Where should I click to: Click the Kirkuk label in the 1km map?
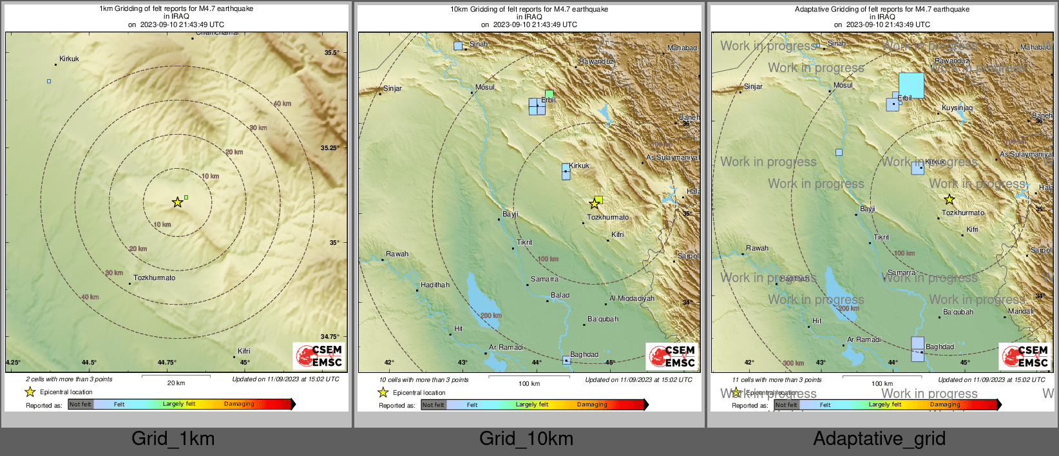click(69, 59)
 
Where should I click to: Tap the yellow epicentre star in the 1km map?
click(177, 202)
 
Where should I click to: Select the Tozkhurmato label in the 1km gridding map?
click(154, 278)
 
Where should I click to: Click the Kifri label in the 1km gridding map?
click(243, 351)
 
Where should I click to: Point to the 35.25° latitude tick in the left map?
click(330, 147)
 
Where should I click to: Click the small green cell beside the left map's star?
click(186, 197)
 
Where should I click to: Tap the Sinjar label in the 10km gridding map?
click(392, 88)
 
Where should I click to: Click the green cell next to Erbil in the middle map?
click(549, 93)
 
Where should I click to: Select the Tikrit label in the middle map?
click(524, 242)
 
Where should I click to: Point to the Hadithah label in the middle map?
click(435, 285)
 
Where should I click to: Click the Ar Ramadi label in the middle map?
click(506, 347)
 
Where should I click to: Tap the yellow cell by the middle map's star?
click(598, 200)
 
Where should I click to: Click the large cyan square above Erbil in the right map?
click(911, 85)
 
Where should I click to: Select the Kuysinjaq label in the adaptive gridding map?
click(957, 108)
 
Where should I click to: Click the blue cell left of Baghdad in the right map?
click(917, 348)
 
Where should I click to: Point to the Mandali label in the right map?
click(1020, 311)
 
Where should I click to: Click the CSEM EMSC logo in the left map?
click(319, 356)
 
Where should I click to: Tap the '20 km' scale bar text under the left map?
click(176, 383)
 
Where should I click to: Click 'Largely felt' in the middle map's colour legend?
click(531, 404)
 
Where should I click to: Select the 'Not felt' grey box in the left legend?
click(81, 404)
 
